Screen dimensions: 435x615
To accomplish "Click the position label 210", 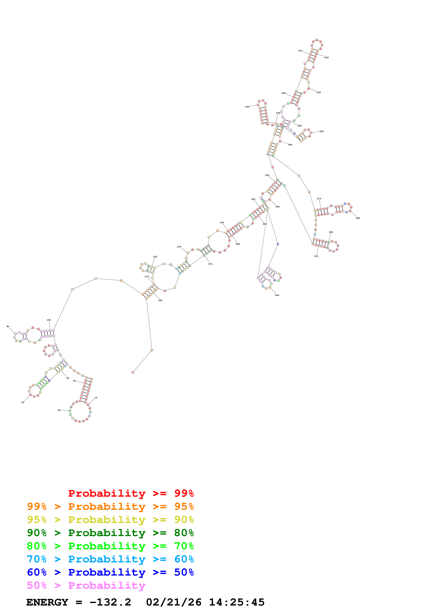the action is [300, 51].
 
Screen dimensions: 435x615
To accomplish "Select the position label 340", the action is [277, 295].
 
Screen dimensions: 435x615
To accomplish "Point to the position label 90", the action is [8, 326].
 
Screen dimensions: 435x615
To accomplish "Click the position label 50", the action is [23, 402].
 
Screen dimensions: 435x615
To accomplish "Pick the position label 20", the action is [59, 410].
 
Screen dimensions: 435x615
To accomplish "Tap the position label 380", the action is [160, 300].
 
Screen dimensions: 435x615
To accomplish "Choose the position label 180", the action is [247, 107].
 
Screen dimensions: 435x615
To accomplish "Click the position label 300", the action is [331, 232].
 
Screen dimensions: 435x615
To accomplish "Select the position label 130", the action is [179, 247].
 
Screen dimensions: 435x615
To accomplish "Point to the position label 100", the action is [48, 320].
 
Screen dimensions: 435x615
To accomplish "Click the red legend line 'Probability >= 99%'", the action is [131, 493].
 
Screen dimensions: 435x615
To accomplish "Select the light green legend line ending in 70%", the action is [110, 546].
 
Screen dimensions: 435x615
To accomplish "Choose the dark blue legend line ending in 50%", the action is [110, 572].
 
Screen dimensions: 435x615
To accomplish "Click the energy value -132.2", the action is [110, 602].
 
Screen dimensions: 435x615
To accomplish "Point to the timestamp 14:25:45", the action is [237, 602].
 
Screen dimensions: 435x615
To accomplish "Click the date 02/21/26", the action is [174, 602].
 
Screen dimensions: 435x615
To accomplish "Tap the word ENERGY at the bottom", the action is [47, 602].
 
